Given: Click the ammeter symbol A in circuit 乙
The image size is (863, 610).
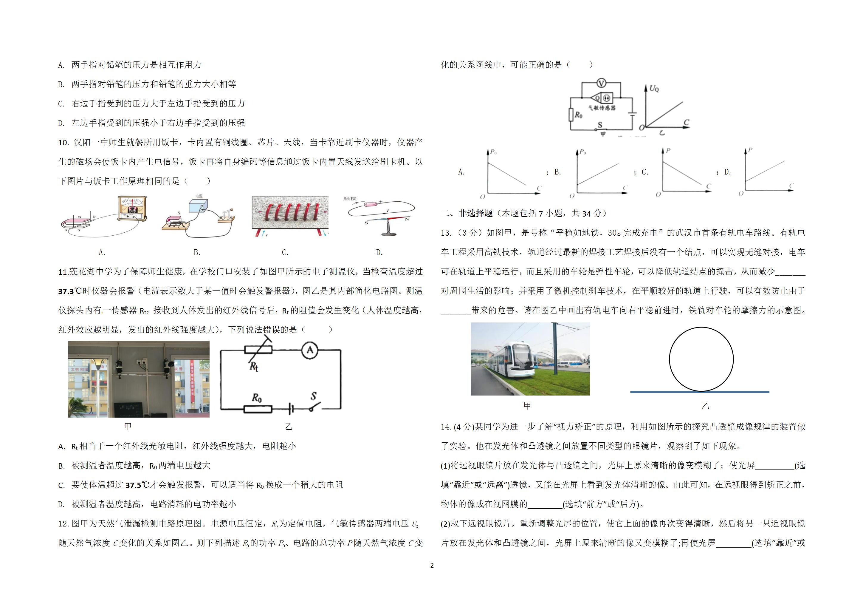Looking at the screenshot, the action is pyautogui.click(x=310, y=350).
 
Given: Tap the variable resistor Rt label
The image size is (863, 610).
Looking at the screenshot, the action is pyautogui.click(x=254, y=366).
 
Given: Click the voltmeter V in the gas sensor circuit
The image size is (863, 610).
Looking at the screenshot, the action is pyautogui.click(x=601, y=83).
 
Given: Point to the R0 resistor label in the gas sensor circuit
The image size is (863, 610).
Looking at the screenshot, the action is pyautogui.click(x=579, y=115).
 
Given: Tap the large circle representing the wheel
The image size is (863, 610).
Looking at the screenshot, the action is pyautogui.click(x=701, y=359).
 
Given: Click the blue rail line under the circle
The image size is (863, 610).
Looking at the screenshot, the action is pyautogui.click(x=700, y=392).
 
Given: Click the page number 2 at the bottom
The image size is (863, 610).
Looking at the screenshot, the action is pyautogui.click(x=432, y=565).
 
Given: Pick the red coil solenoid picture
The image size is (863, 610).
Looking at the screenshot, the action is pyautogui.click(x=290, y=216).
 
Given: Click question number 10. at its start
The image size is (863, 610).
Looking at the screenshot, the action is pyautogui.click(x=63, y=143).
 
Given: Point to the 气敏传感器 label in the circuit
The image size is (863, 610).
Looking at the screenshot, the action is pyautogui.click(x=602, y=108).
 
